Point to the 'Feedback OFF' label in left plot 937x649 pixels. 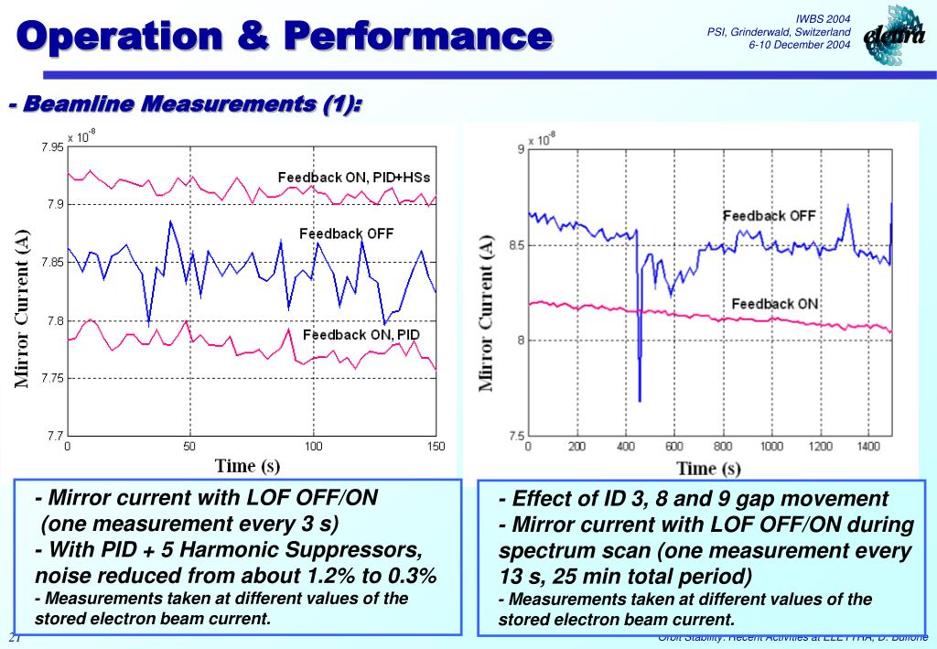[x=346, y=233]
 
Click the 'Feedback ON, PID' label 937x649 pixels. [x=361, y=335]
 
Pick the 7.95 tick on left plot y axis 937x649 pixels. [x=52, y=146]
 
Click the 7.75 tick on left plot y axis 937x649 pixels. [x=52, y=378]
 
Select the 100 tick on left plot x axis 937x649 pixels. [x=313, y=447]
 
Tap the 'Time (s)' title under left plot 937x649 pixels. [x=247, y=466]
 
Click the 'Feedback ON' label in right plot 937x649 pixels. [x=775, y=304]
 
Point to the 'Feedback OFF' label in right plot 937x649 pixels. [x=769, y=216]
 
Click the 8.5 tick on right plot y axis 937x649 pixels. [x=514, y=245]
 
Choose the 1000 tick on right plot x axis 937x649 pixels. [x=771, y=447]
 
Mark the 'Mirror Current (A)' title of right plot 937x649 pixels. [x=487, y=312]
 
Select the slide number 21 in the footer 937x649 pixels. [x=15, y=638]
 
